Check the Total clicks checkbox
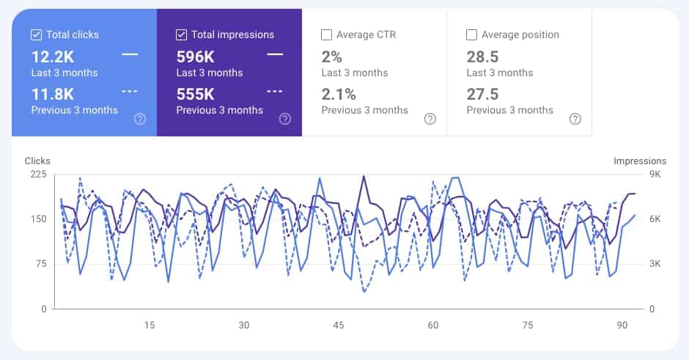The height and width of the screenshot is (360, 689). coord(36,34)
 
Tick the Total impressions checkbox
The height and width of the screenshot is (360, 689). coord(181,34)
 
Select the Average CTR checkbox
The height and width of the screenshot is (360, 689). coord(326,34)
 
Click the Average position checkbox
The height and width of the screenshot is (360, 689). coord(471,34)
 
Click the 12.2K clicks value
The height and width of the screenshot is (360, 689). coord(53,56)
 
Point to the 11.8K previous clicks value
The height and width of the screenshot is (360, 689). coord(53,94)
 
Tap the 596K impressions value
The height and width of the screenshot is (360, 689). coord(196,56)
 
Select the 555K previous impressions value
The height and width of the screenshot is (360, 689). coord(196,94)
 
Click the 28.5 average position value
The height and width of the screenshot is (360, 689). coord(482,56)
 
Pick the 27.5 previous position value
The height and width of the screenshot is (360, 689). coord(482,94)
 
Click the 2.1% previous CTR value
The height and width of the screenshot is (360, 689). coord(339,94)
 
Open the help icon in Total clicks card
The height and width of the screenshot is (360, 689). coord(140,119)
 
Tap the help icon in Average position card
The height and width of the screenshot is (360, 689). coord(575,119)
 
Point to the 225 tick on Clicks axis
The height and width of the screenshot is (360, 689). coord(38,175)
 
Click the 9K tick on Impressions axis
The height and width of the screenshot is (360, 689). coord(655,175)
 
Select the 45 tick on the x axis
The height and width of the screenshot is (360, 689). coord(339,326)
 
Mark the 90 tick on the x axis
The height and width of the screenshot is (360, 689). coord(622,326)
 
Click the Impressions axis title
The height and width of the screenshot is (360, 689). coord(639,161)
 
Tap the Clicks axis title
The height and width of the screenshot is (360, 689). coord(37,161)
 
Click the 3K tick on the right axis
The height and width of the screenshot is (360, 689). coord(655,264)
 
